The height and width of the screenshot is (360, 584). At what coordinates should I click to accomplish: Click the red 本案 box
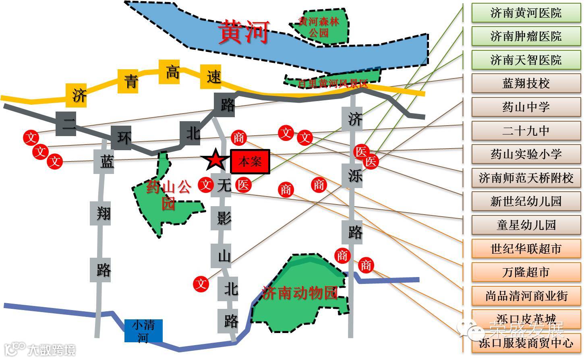coord(250,162)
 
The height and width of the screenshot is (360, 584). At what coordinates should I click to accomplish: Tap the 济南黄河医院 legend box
coord(526,13)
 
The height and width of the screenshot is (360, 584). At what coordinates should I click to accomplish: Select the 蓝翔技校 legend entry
coord(526,83)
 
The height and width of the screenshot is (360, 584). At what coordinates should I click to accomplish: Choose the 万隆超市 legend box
coord(526,272)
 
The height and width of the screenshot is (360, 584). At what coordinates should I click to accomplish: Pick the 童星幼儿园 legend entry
coord(526,225)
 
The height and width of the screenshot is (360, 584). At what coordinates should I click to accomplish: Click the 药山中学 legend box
coord(526,107)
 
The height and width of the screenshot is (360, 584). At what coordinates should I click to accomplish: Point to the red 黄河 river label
coord(243,32)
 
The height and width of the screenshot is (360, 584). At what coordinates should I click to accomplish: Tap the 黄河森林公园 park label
coord(318,27)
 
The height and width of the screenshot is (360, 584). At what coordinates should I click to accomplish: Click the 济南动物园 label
coord(299,293)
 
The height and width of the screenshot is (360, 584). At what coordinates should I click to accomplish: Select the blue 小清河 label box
coord(143,330)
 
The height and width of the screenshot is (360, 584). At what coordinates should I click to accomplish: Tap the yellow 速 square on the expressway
coord(213,76)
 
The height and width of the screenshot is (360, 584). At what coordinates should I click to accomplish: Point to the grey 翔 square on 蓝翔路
coord(103,213)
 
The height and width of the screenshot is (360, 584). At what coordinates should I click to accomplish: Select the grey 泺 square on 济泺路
coord(354,176)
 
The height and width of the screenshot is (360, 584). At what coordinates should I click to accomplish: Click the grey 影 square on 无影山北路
coord(224,218)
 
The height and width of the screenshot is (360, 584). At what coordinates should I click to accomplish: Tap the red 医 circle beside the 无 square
coord(243,185)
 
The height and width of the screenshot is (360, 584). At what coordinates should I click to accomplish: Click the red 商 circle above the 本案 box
coord(238,138)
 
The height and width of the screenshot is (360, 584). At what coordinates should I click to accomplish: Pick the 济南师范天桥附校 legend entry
coord(526,178)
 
